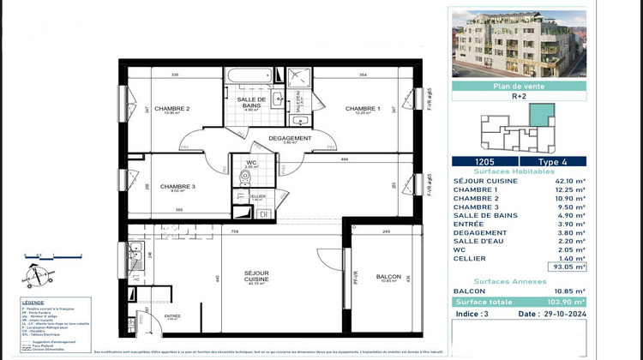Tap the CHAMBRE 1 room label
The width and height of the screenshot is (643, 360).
pos(363,109)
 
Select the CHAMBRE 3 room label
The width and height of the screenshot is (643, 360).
pos(177,187)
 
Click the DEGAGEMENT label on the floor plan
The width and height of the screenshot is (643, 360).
pos(289,138)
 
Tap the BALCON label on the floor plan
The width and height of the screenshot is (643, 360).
pos(389,276)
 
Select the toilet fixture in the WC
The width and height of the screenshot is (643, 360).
pos(246,177)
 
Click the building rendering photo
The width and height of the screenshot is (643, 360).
pos(518,43)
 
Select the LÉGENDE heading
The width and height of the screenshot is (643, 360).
pos(35,303)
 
